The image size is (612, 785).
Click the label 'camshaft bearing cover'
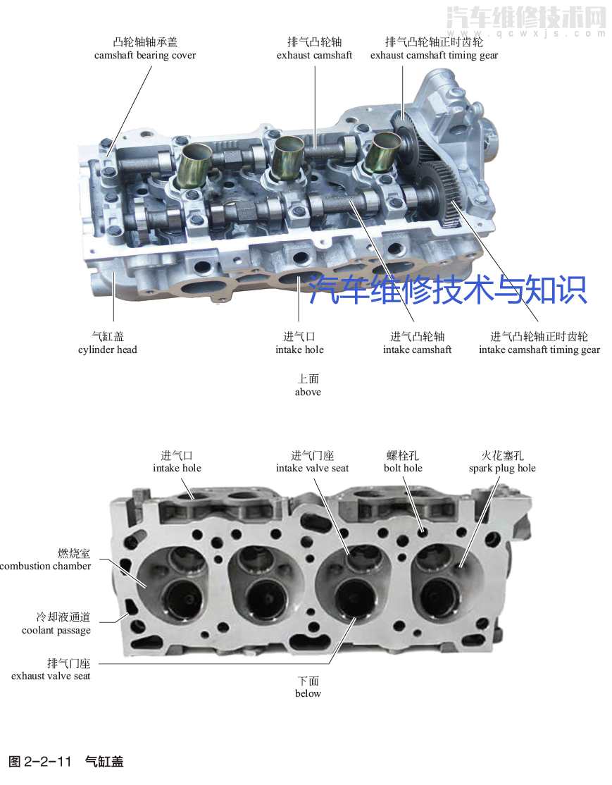[x=145, y=55]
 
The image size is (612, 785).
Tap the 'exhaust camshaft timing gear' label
[x=434, y=55]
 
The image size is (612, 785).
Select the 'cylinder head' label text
[x=108, y=350]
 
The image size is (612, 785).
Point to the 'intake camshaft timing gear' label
[x=539, y=350]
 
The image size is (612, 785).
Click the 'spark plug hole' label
[x=502, y=468]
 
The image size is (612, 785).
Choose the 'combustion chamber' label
[x=46, y=566]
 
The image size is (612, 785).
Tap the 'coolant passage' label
[x=56, y=630]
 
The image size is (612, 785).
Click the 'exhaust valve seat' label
[x=51, y=676]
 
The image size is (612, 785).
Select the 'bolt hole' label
[x=403, y=468]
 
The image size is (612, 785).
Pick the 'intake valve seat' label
[x=312, y=468]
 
